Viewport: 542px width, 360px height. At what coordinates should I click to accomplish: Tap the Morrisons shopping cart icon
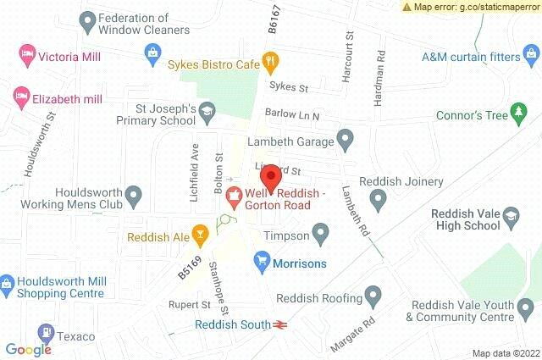point(262,263)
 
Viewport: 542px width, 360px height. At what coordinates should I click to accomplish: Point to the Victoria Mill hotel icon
point(25,56)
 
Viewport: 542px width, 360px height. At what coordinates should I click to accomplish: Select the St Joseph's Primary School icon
point(207,110)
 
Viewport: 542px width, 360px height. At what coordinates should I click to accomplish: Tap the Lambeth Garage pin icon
point(345,137)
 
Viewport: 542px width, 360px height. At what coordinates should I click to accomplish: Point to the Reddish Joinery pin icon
point(379,199)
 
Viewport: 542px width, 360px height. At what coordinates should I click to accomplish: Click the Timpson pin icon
point(320,231)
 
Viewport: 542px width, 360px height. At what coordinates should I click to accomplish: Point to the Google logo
point(28,349)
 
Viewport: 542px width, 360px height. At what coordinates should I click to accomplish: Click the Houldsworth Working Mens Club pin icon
point(133,198)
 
